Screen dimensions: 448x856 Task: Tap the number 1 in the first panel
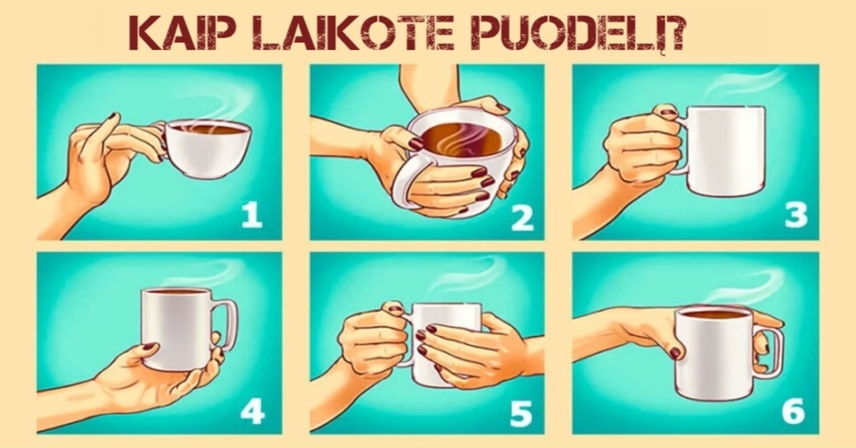tap(251, 215)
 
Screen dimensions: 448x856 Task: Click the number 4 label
tap(252, 411)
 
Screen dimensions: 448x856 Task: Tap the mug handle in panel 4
tap(227, 325)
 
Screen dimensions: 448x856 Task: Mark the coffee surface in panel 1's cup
tap(208, 129)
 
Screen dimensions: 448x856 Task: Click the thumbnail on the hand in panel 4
tap(149, 347)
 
